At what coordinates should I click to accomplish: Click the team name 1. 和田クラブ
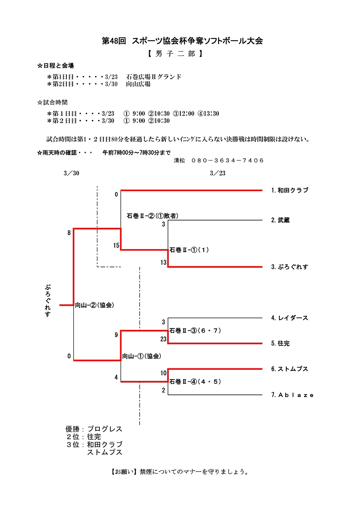290,190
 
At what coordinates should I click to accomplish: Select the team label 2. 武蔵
280,220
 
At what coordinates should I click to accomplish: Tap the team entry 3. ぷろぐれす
290,267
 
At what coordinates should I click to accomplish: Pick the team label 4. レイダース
290,318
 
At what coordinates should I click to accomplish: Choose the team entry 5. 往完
280,344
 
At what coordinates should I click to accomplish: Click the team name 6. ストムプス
290,369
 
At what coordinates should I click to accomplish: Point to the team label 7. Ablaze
292,395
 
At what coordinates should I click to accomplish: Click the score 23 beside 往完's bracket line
163,339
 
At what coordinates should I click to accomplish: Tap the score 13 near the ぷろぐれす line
163,263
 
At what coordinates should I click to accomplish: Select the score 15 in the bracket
116,246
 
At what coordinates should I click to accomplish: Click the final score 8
69,233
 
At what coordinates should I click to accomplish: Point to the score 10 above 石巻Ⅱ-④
163,373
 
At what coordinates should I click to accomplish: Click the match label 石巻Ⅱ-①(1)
189,250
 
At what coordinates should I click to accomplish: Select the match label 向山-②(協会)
94,305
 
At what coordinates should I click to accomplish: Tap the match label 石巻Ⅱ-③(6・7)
195,331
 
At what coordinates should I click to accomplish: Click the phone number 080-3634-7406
228,161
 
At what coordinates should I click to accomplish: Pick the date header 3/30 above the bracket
71,173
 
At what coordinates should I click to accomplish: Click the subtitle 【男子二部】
175,54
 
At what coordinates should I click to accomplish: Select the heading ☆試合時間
52,102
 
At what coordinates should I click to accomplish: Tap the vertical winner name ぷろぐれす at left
48,300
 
